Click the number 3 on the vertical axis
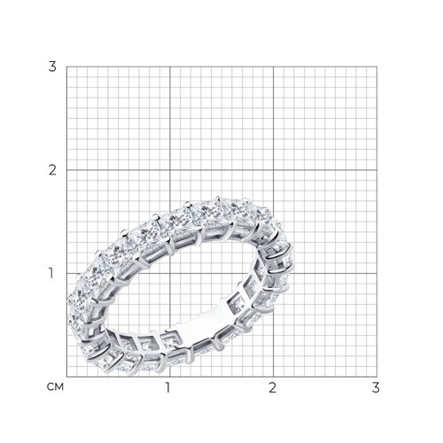pyautogui.click(x=52, y=66)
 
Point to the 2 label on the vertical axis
pyautogui.click(x=52, y=170)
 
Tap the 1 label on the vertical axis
pyautogui.click(x=51, y=274)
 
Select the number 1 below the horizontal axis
pyautogui.click(x=168, y=387)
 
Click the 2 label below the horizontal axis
pyautogui.click(x=272, y=387)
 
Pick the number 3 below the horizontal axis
pyautogui.click(x=376, y=387)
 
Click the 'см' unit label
pyautogui.click(x=55, y=387)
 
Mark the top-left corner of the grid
pyautogui.click(x=66, y=66)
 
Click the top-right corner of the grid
pyautogui.click(x=377, y=66)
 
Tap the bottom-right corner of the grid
pyautogui.click(x=377, y=377)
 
